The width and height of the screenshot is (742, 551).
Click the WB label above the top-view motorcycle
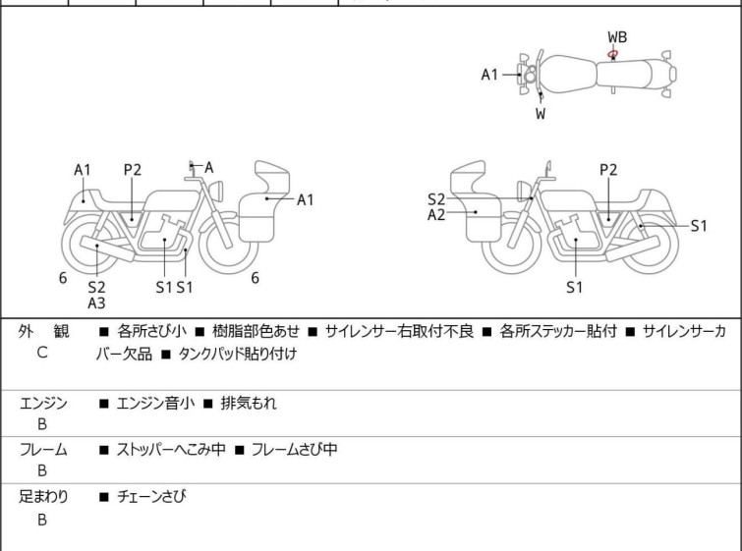pyautogui.click(x=617, y=37)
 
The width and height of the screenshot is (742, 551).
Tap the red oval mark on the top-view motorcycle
pyautogui.click(x=612, y=54)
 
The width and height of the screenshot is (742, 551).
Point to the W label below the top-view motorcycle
pyautogui.click(x=541, y=113)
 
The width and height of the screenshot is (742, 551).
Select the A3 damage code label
pyautogui.click(x=96, y=303)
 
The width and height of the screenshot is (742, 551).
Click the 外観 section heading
pyautogui.click(x=43, y=332)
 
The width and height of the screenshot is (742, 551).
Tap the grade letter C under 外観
pyautogui.click(x=42, y=352)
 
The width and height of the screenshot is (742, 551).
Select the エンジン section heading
pyautogui.click(x=43, y=403)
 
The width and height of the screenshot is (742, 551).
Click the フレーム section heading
pyautogui.click(x=43, y=450)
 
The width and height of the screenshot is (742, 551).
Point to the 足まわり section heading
pyautogui.click(x=43, y=497)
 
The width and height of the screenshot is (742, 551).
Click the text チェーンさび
pyautogui.click(x=151, y=497)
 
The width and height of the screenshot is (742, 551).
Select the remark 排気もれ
pyautogui.click(x=246, y=403)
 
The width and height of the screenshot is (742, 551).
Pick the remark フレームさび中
pyautogui.click(x=293, y=450)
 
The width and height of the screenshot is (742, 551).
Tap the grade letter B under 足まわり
pyautogui.click(x=42, y=519)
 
